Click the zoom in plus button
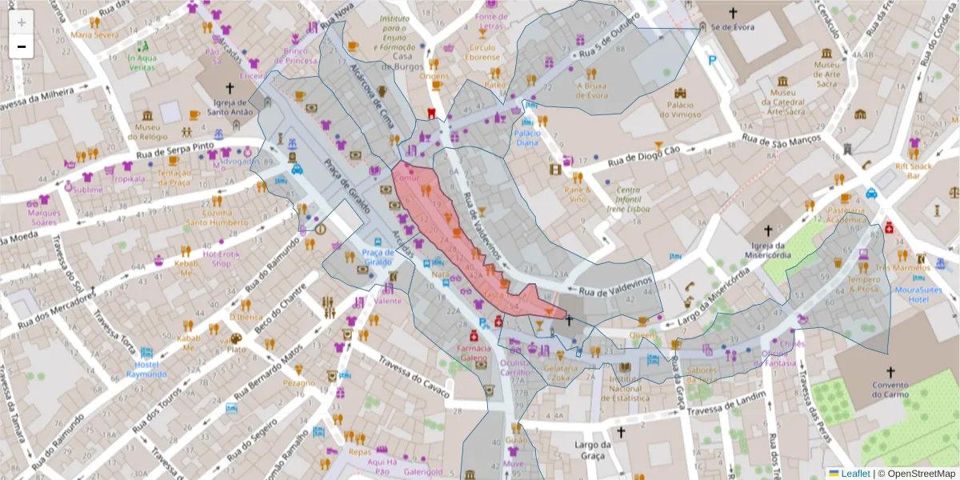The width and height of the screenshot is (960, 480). [21, 22]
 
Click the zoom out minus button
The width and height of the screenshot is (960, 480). [21, 46]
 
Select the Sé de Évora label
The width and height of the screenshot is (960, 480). [733, 26]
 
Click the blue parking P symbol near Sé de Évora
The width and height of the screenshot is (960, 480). [712, 60]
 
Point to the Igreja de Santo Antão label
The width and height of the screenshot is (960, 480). [230, 107]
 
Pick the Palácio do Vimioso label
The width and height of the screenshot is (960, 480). [680, 109]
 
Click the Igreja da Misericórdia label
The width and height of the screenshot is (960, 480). [767, 250]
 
